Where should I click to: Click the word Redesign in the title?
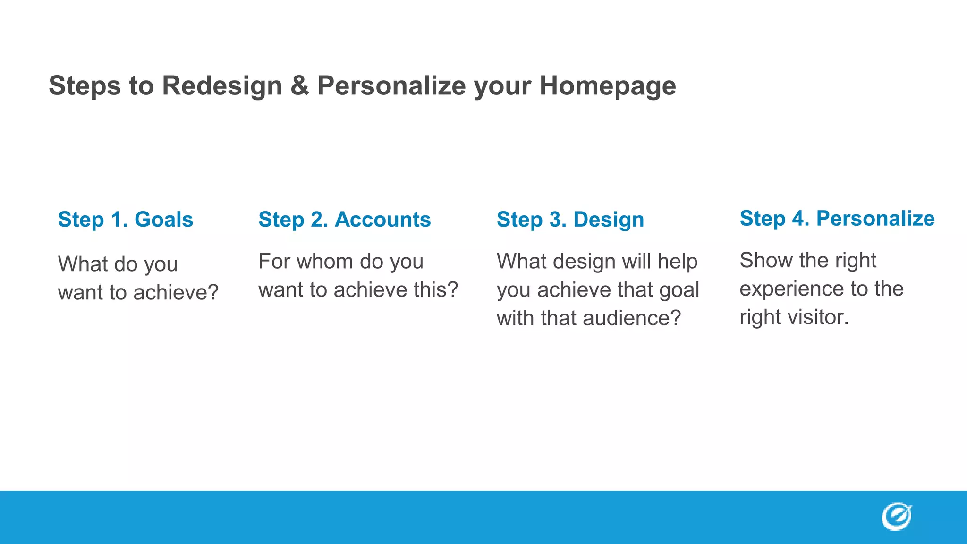[x=222, y=86]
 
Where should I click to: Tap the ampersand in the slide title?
[x=299, y=86]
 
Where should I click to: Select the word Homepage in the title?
[x=608, y=86]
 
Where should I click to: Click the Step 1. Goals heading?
[x=126, y=220]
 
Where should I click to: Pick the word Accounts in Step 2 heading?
[x=383, y=220]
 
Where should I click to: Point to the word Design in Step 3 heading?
[x=609, y=220]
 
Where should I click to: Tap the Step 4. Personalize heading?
[x=837, y=219]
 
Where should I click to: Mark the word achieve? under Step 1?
[x=176, y=293]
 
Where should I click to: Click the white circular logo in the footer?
[x=896, y=517]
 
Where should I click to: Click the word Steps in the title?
[x=85, y=86]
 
